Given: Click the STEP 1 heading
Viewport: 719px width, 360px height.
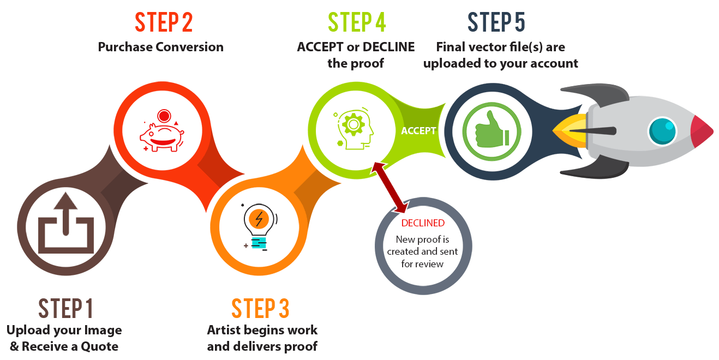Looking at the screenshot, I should [65, 309].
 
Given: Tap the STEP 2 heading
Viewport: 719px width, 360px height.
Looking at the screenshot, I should [164, 22].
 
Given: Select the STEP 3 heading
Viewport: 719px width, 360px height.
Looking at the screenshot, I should [260, 309].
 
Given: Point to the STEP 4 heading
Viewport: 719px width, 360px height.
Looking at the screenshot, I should [357, 22].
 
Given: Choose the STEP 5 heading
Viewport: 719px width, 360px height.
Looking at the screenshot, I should [496, 22].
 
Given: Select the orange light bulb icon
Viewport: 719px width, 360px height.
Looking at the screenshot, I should [259, 226].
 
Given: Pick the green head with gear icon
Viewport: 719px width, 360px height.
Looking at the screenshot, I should [354, 128].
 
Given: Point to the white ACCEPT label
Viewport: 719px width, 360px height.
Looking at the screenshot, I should [418, 131].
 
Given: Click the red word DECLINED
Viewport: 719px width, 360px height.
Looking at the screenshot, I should [423, 223].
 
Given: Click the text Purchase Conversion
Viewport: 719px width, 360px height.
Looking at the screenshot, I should [160, 47].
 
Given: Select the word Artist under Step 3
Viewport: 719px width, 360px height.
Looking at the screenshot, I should [225, 330].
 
